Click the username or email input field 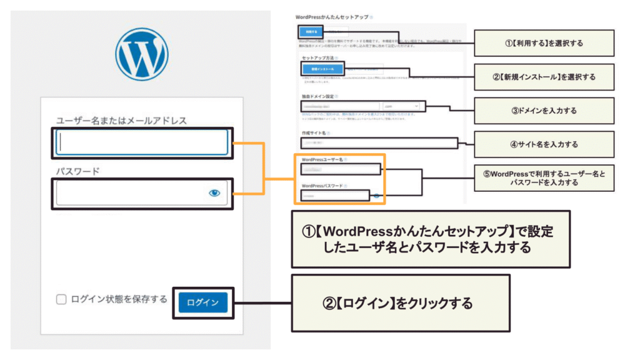pos(142,142)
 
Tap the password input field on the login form pos(131,193)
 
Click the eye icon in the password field pos(214,194)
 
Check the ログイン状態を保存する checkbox pos(61,299)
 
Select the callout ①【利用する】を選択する pos(544,44)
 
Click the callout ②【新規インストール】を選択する pos(544,77)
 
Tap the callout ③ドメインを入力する pos(544,111)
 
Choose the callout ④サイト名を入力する pos(544,144)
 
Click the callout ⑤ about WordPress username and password pos(544,178)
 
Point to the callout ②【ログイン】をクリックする pos(400,303)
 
